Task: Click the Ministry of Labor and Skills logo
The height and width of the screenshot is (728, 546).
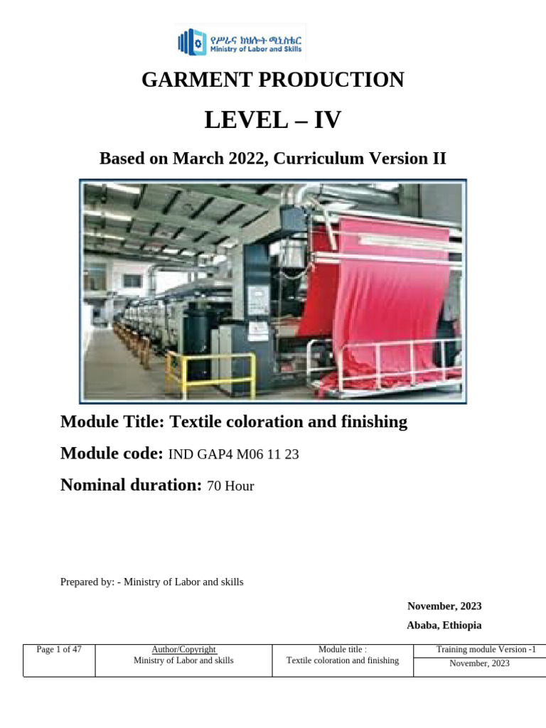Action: [x=240, y=42]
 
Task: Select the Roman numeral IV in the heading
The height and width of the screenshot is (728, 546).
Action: [x=324, y=121]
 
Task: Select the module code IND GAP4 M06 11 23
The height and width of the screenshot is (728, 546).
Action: [x=233, y=455]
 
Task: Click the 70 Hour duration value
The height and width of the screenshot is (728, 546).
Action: [x=230, y=487]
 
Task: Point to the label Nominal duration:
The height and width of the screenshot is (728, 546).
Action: [x=132, y=486]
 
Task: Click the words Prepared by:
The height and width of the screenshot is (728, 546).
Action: [x=87, y=582]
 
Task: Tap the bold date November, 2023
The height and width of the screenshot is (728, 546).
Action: [x=444, y=606]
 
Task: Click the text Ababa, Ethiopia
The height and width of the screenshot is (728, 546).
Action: [x=444, y=626]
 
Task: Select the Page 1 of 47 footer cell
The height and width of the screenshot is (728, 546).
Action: [x=59, y=650]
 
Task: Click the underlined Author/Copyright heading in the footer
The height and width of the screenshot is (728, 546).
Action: [x=183, y=650]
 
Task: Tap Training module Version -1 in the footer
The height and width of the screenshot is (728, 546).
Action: [x=481, y=650]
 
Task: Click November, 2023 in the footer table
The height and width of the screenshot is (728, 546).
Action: [x=479, y=664]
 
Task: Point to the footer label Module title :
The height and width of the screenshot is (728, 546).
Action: [x=342, y=650]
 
